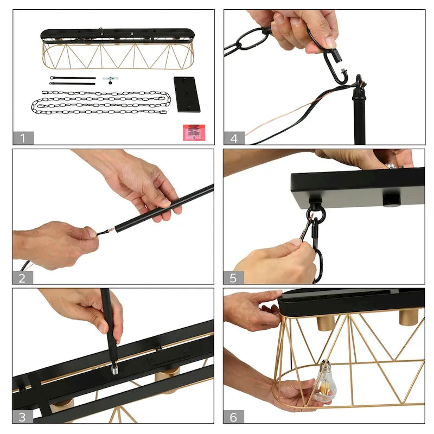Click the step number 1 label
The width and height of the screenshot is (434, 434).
[x=23, y=138]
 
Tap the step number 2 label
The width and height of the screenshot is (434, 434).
[x=22, y=278]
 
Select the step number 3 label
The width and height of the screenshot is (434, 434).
[x=22, y=417]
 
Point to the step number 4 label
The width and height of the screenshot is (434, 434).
[x=234, y=138]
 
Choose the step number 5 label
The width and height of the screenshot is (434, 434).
[x=233, y=278]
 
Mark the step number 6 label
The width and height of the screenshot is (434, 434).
[x=234, y=417]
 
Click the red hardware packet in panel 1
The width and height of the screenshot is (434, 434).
[x=194, y=132]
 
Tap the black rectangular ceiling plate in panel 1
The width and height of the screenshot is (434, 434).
[x=187, y=94]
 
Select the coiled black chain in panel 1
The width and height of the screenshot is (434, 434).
[x=101, y=103]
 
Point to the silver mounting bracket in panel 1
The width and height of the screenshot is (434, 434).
[x=111, y=80]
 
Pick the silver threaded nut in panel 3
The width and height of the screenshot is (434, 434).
[x=114, y=369]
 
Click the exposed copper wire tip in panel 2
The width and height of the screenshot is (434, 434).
[x=110, y=230]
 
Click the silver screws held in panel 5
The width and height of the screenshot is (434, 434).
[x=393, y=166]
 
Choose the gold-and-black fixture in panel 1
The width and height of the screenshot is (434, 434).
[x=118, y=49]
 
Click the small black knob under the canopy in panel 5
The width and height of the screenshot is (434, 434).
[x=391, y=200]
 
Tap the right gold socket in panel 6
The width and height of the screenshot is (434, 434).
[x=409, y=317]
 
